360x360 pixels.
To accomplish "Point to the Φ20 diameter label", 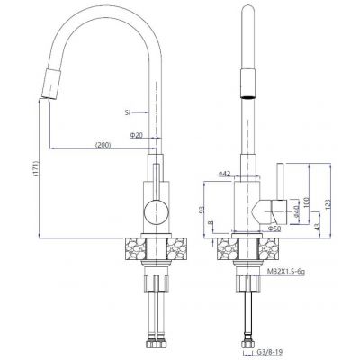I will click(137, 135).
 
